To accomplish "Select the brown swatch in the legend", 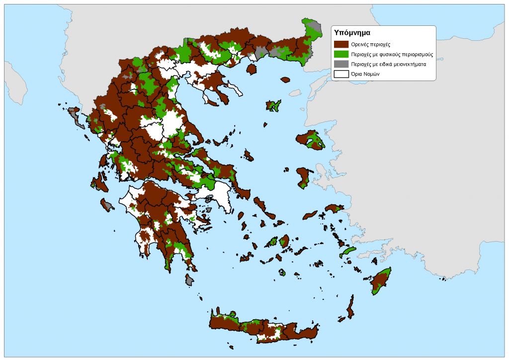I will pyautogui.click(x=341, y=44).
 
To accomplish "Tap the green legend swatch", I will pyautogui.click(x=341, y=54).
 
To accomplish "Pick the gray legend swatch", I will pyautogui.click(x=341, y=64).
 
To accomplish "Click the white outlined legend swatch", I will pyautogui.click(x=341, y=74).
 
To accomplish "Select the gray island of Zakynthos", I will pyautogui.click(x=107, y=205).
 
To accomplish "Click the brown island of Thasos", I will pyautogui.click(x=251, y=69).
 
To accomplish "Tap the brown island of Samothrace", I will pyautogui.click(x=285, y=80).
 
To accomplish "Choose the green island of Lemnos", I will pyautogui.click(x=273, y=105).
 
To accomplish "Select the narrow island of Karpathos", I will pyautogui.click(x=351, y=307).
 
